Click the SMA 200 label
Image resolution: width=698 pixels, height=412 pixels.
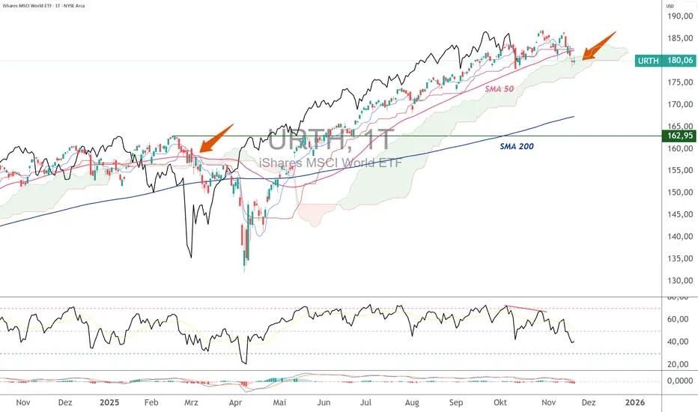coord(517,147)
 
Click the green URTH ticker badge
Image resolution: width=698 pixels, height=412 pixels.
coord(649,61)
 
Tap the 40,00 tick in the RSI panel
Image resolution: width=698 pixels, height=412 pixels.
coord(676,342)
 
